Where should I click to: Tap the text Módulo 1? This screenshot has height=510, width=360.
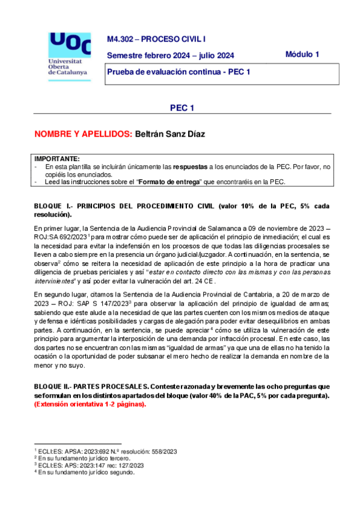pyautogui.click(x=302, y=54)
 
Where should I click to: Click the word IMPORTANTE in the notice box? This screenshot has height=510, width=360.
pyautogui.click(x=57, y=158)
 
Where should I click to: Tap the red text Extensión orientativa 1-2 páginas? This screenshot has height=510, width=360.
pyautogui.click(x=90, y=405)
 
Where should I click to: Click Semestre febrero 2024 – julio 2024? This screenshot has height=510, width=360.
pyautogui.click(x=170, y=56)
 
